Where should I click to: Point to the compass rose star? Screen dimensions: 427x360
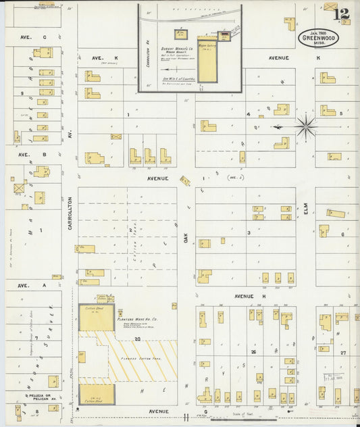tap(305, 126)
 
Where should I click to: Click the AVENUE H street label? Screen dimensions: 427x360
tap(253, 296)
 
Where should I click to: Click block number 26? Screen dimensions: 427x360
tap(253, 351)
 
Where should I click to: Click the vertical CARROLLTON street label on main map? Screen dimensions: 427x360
tap(70, 214)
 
